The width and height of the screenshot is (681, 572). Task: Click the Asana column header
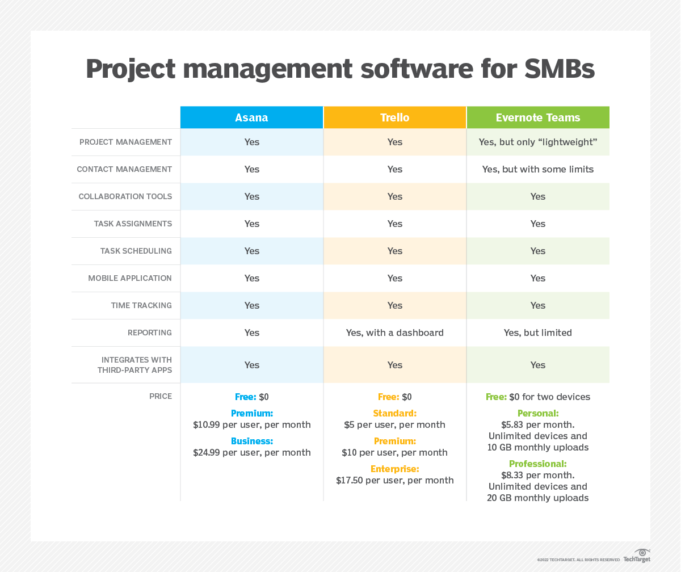[251, 118]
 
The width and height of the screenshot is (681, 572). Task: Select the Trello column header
[394, 118]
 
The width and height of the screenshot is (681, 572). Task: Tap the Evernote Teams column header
[537, 118]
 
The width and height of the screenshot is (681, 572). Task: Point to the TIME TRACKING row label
[141, 305]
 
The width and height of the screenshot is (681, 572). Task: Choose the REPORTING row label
[149, 333]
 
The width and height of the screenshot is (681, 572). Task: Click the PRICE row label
[161, 396]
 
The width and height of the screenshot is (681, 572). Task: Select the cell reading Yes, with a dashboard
[394, 333]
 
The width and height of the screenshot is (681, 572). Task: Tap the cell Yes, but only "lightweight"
[537, 142]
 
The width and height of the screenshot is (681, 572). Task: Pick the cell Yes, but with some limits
[537, 169]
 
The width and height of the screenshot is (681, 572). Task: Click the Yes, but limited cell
[537, 333]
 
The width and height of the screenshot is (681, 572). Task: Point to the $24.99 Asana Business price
[251, 452]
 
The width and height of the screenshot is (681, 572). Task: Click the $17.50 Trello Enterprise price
[394, 480]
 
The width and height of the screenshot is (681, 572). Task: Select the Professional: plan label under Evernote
[537, 464]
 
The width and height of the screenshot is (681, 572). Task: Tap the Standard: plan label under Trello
[394, 413]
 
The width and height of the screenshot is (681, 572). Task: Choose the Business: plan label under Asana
[251, 441]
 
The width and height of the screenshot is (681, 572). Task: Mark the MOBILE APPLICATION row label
[129, 278]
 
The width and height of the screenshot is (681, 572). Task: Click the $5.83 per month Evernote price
[537, 424]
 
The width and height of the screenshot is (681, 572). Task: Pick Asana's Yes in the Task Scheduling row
[251, 251]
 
